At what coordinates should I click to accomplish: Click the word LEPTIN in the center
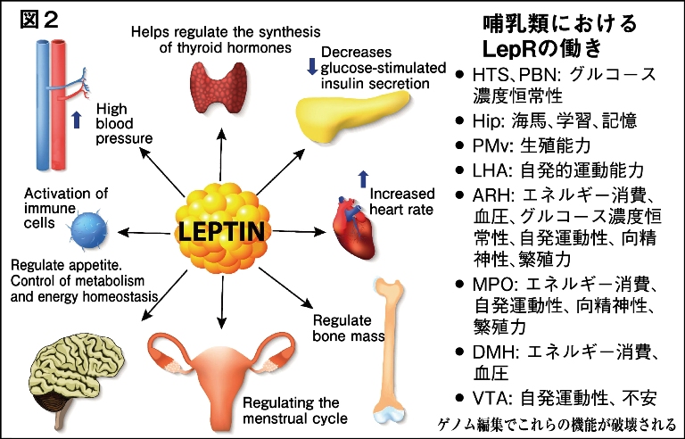point(220,233)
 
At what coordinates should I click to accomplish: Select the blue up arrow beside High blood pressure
point(75,116)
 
